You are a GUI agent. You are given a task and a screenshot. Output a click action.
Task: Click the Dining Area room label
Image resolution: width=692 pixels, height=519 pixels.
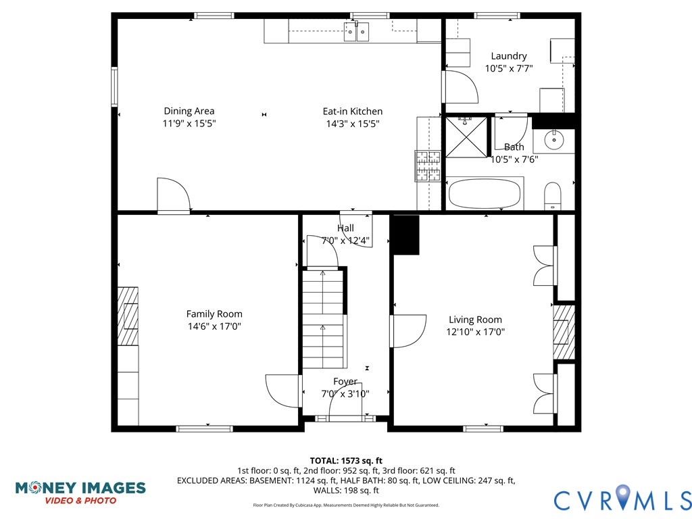pyautogui.click(x=189, y=112)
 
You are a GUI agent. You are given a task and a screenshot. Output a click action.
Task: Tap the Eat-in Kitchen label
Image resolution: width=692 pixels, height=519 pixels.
pyautogui.click(x=352, y=112)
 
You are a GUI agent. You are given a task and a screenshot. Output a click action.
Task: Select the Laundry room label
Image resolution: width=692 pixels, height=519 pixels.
pyautogui.click(x=509, y=56)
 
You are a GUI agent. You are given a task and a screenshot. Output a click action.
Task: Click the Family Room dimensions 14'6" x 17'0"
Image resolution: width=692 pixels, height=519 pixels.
pyautogui.click(x=214, y=326)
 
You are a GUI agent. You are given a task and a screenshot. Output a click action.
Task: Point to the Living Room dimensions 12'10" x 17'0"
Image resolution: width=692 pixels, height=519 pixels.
pyautogui.click(x=475, y=332)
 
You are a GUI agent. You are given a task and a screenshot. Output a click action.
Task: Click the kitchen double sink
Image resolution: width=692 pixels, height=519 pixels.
pyautogui.click(x=357, y=31)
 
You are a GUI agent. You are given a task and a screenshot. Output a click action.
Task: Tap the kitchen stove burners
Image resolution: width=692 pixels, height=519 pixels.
pyautogui.click(x=427, y=166)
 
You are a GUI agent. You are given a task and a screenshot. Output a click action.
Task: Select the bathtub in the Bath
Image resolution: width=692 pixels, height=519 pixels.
pyautogui.click(x=485, y=194)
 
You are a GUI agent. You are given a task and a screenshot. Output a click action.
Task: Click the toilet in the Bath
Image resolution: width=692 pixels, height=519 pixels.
pyautogui.click(x=553, y=196)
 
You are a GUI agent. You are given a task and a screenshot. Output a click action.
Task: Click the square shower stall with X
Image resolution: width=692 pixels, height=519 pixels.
pyautogui.click(x=466, y=137)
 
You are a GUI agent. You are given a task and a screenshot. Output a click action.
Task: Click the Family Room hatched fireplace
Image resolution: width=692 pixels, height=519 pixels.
pyautogui.click(x=128, y=316)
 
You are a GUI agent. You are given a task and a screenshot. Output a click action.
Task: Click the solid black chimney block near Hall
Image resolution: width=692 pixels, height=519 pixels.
pyautogui.click(x=405, y=234)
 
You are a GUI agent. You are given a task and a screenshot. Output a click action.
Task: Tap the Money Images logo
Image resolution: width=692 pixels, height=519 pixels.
pyautogui.click(x=80, y=492)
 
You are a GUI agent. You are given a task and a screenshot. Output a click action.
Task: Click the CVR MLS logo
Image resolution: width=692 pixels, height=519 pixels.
pyautogui.click(x=622, y=499)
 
